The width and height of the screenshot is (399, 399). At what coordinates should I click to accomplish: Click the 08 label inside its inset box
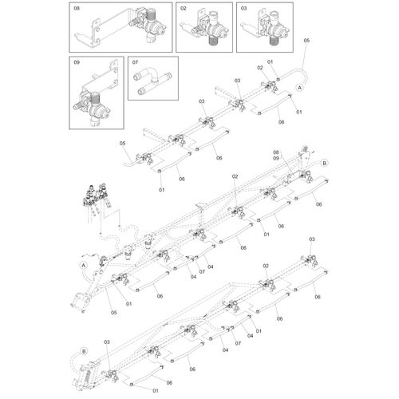tap(77, 9)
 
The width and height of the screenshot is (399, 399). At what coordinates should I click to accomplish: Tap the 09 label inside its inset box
tap(77, 62)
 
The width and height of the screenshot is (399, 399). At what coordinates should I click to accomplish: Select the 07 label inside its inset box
tap(135, 62)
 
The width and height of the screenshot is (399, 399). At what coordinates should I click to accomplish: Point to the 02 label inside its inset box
tap(184, 9)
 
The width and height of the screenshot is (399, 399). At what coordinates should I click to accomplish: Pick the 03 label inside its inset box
tap(244, 9)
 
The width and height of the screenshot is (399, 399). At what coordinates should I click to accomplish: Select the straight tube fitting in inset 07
tap(154, 84)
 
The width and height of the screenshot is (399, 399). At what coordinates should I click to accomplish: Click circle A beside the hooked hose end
tap(300, 87)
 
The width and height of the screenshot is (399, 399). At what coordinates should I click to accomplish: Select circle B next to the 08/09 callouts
tap(324, 163)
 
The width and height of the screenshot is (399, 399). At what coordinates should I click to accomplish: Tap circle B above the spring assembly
tap(84, 351)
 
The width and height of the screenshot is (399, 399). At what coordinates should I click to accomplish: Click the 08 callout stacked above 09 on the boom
tap(276, 152)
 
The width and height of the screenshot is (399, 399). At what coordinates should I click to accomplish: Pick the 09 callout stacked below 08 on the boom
tap(276, 158)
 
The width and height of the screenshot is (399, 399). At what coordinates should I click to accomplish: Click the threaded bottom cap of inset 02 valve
tap(212, 41)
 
